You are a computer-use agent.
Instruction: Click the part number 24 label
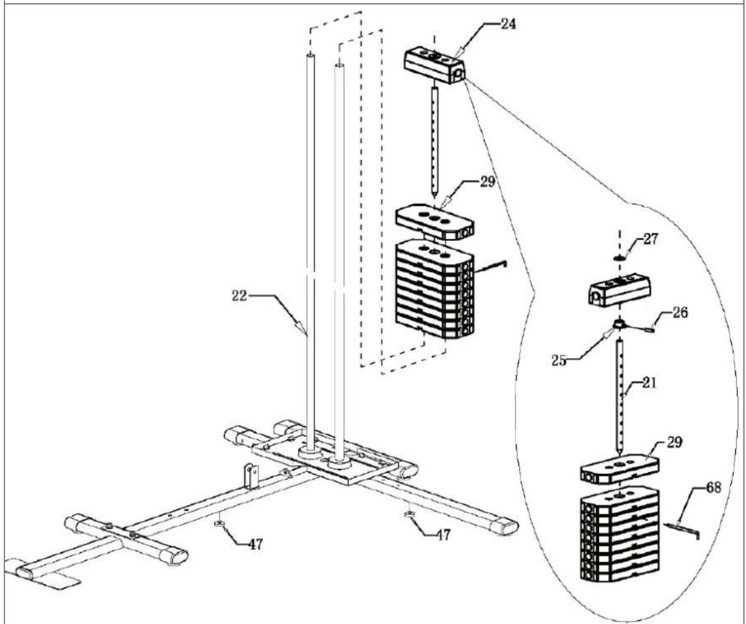point(508,24)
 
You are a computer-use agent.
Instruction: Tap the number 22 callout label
point(239,296)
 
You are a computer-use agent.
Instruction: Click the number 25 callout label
point(559,361)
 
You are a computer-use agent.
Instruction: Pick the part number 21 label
point(648,382)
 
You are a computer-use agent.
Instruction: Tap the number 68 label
point(713,487)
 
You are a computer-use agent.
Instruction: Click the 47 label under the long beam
point(255,544)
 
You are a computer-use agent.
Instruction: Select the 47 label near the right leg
point(443,534)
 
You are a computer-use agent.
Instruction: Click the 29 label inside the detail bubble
point(674,442)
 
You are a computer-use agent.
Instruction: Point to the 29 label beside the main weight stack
point(488,182)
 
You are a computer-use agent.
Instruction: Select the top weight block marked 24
point(434,65)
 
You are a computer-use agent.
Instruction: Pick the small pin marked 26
point(650,328)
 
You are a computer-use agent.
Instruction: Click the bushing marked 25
point(619,324)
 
